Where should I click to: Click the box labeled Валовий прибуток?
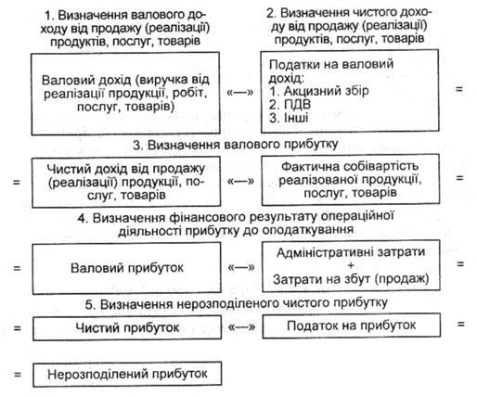127,268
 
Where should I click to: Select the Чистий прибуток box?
127,327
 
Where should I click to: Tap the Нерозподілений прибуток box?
127,374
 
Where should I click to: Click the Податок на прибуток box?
351,326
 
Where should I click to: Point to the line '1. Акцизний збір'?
319,91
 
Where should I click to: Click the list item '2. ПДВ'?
290,105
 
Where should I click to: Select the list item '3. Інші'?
289,118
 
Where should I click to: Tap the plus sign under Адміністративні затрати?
351,265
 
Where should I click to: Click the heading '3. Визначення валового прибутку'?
235,145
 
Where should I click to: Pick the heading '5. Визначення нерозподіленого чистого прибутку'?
236,303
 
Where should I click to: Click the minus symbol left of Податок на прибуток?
241,326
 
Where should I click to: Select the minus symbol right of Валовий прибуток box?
241,267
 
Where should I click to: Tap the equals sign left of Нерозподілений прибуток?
18,375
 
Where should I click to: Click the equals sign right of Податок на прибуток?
461,324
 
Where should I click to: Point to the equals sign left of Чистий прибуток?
18,327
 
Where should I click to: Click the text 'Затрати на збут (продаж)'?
351,279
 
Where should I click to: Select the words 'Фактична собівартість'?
350,166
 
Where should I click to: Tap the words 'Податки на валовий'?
331,64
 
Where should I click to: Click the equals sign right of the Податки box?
459,89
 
